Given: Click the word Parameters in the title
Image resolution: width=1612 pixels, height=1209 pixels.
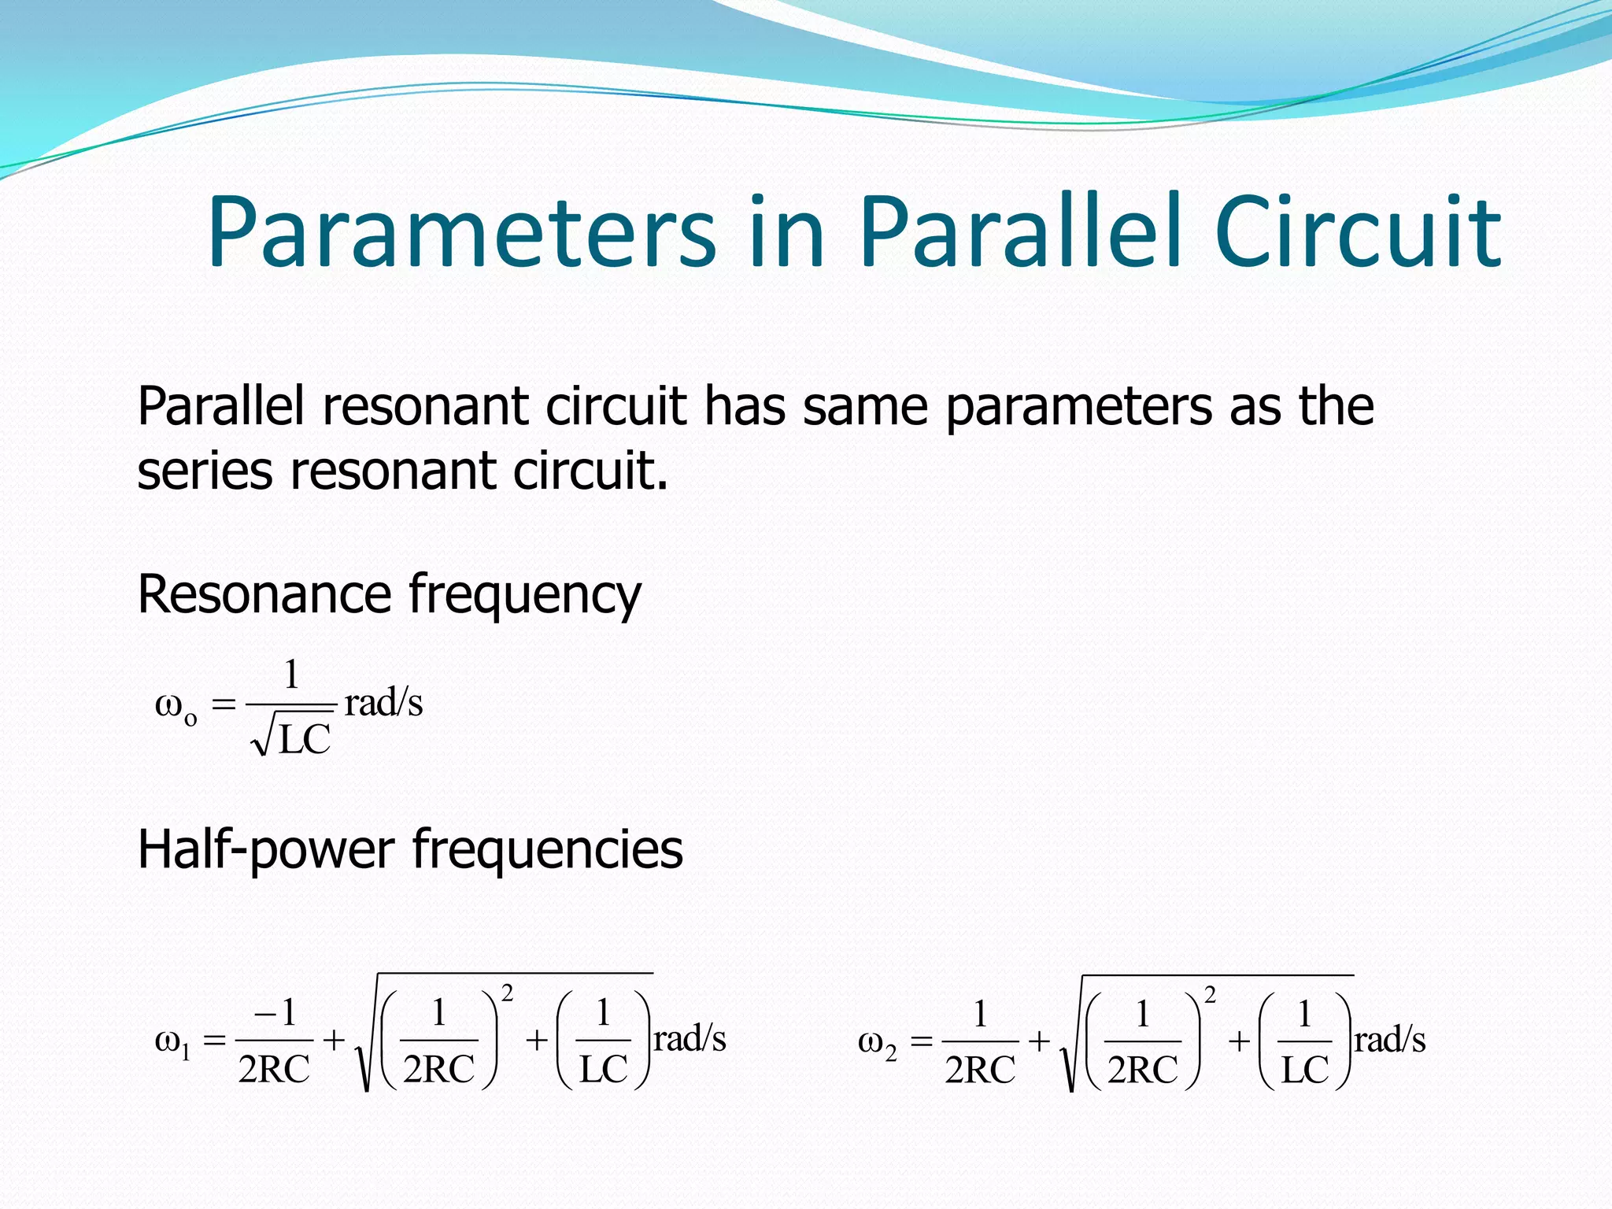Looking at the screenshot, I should point(461,233).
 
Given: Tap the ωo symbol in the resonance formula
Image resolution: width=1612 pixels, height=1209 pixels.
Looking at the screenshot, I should point(176,706).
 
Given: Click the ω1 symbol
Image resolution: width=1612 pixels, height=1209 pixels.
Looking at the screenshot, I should point(172,1043).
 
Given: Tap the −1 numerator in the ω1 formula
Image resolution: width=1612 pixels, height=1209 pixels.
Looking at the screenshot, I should point(275,1012).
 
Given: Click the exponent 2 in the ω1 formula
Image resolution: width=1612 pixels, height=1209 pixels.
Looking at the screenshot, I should point(508,993).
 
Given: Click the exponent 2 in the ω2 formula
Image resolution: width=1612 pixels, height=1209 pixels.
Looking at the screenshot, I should point(1210,995).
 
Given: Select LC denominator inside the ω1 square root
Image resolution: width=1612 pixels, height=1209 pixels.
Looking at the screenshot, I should point(604,1069).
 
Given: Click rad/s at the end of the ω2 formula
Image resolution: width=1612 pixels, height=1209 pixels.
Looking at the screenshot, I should point(1389,1039).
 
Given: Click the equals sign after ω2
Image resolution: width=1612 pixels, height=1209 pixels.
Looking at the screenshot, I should point(921,1042).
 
